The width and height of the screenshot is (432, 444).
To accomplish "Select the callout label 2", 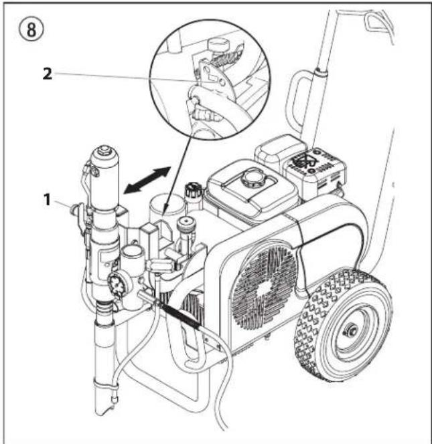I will [48, 75].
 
